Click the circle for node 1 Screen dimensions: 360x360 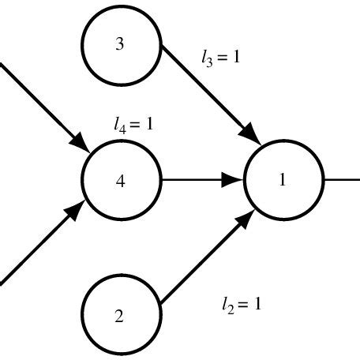pos(283,180)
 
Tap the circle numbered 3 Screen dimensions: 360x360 pos(120,44)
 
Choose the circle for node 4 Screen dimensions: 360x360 pos(120,180)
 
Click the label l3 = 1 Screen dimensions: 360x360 pos(220,58)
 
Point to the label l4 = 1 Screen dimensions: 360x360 pos(133,124)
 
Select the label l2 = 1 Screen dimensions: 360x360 pos(241,302)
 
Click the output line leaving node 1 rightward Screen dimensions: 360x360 pos(341,180)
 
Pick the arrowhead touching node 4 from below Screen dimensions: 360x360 pos(80,212)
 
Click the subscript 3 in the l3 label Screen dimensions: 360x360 pos(209,62)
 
